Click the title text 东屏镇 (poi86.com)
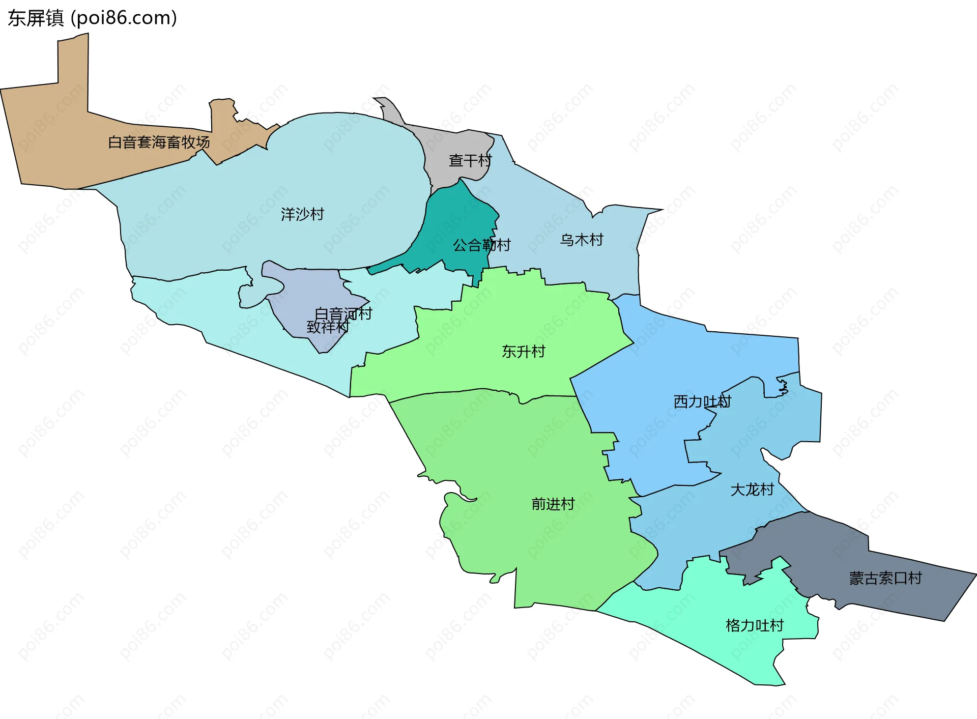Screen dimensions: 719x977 point(92,18)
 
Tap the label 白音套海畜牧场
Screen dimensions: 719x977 point(159,142)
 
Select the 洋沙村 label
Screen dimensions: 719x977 point(302,214)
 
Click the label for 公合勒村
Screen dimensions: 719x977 point(481,245)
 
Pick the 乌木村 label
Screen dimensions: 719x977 point(582,240)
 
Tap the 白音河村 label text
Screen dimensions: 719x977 point(343,313)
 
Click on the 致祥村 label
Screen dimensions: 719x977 point(328,327)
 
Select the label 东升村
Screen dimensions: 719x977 point(523,351)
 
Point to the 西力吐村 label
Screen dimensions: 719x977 point(702,401)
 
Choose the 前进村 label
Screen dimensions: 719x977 point(553,504)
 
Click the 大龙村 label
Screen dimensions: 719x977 point(752,490)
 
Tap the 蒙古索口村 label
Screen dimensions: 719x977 point(885,578)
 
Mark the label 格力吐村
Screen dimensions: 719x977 point(755,625)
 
